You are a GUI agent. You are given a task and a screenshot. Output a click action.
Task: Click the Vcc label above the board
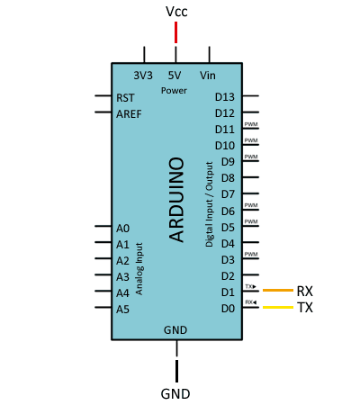pyautogui.click(x=176, y=12)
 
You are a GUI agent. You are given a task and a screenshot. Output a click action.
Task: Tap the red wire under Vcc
pyautogui.click(x=175, y=32)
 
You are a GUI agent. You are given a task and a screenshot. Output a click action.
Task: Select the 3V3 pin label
pyautogui.click(x=143, y=76)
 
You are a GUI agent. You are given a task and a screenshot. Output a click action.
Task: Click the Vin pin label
pyautogui.click(x=208, y=76)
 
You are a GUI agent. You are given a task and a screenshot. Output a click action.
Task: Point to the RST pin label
pyautogui.click(x=125, y=98)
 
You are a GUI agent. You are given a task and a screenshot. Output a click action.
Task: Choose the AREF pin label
pyautogui.click(x=129, y=114)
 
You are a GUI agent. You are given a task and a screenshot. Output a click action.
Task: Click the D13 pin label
pyautogui.click(x=225, y=97)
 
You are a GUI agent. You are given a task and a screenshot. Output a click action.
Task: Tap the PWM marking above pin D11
pyautogui.click(x=251, y=124)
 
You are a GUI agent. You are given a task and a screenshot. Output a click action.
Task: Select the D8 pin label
pyautogui.click(x=228, y=178)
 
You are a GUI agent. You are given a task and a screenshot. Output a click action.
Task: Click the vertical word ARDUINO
pyautogui.click(x=176, y=200)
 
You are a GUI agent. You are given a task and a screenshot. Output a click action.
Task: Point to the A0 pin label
pyautogui.click(x=122, y=229)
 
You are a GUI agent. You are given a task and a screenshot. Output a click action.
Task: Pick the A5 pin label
pyautogui.click(x=122, y=309)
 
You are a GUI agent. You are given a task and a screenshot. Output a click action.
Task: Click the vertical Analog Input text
pyautogui.click(x=139, y=269)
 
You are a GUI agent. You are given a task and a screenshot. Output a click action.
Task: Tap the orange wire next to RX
pyautogui.click(x=278, y=290)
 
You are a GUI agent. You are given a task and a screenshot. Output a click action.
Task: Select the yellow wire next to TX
pyautogui.click(x=278, y=307)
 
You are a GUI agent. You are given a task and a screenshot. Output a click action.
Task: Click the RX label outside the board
pyautogui.click(x=305, y=291)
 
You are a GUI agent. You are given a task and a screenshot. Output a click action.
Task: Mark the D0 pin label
pyautogui.click(x=228, y=309)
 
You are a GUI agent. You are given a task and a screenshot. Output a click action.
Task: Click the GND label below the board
pyautogui.click(x=175, y=394)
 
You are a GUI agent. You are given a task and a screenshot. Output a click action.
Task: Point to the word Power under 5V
pyautogui.click(x=174, y=91)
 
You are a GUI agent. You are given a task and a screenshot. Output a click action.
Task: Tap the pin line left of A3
pyautogui.click(x=103, y=274)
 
